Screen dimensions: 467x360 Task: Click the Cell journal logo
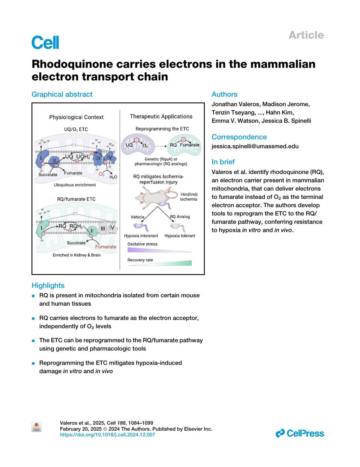click(x=45, y=42)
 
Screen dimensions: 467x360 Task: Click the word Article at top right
click(x=306, y=35)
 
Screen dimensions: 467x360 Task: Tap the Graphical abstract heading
click(x=62, y=94)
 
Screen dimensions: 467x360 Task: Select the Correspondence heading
click(x=239, y=137)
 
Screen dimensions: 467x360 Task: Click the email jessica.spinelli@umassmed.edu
click(x=255, y=146)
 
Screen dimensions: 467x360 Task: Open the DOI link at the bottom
click(x=107, y=435)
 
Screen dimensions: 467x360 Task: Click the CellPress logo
click(x=300, y=433)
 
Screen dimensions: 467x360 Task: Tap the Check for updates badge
click(x=36, y=427)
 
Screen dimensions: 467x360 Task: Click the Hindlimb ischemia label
click(x=189, y=197)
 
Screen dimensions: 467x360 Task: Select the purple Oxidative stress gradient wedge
click(x=159, y=250)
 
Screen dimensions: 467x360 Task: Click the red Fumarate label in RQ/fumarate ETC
click(x=106, y=247)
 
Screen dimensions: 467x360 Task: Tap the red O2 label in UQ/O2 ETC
click(x=102, y=175)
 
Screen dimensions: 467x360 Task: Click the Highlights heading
click(x=48, y=286)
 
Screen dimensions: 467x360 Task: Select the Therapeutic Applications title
click(x=161, y=116)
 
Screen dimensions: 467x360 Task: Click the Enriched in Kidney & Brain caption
click(x=76, y=255)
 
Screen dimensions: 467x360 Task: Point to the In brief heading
click(x=223, y=162)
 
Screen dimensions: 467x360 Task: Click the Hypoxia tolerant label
click(x=180, y=236)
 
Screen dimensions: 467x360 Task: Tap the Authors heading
click(x=224, y=94)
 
